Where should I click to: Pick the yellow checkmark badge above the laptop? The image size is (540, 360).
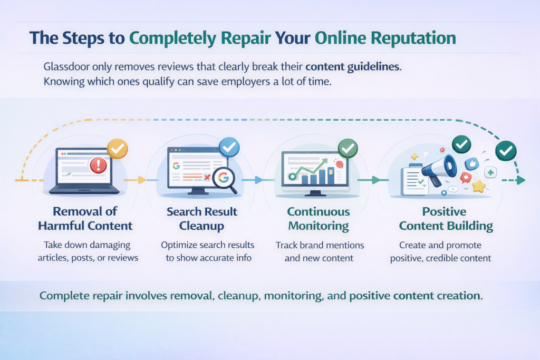[117, 149]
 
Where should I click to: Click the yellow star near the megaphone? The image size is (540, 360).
[479, 186]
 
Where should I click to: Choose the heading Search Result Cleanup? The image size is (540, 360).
[202, 219]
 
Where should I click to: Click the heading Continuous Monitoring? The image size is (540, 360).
[318, 219]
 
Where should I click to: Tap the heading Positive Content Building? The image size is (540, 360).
[446, 219]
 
